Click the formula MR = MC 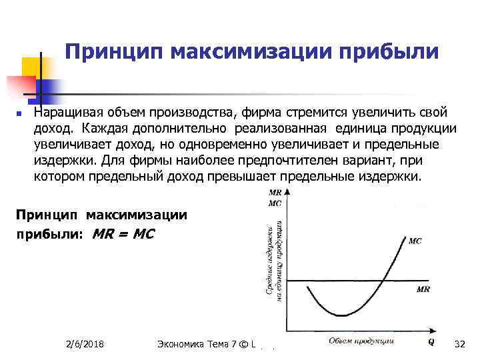pos(123,234)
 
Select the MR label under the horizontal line pos(423,289)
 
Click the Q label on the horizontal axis pos(431,342)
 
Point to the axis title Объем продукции pos(361,341)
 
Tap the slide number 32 pos(458,344)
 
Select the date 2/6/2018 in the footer pos(89,344)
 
